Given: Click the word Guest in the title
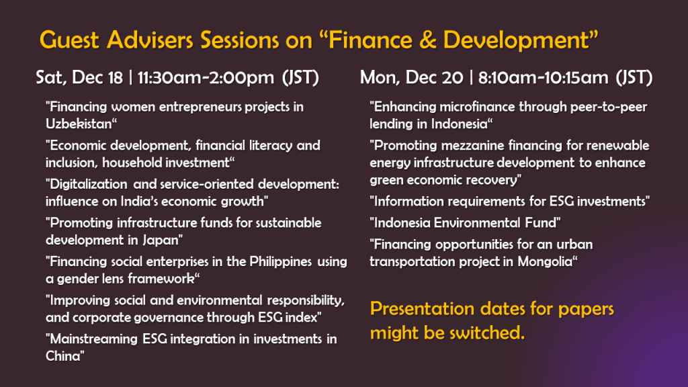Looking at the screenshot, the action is click(69, 40).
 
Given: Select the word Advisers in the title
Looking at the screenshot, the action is click(150, 40).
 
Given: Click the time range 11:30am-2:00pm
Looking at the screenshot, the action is click(206, 78).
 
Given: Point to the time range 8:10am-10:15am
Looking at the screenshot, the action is click(543, 78).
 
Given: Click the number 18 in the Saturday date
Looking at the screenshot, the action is click(115, 78).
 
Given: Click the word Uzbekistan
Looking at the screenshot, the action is click(79, 124).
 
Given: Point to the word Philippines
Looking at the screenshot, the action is click(280, 262).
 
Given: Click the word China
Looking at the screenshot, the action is click(63, 356).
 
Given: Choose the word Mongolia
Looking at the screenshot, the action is click(545, 262).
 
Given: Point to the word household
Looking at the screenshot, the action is click(132, 163).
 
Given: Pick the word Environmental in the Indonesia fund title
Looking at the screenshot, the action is click(478, 223).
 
